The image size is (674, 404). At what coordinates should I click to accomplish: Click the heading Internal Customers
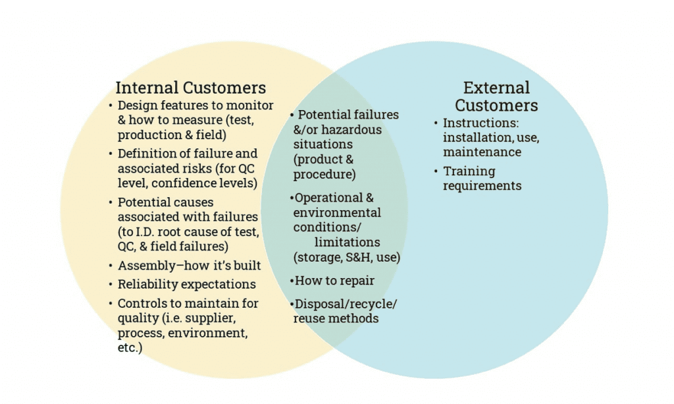click(x=191, y=88)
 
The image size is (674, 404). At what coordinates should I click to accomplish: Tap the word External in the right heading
click(x=496, y=88)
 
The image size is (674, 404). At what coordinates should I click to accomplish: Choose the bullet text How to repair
click(x=334, y=281)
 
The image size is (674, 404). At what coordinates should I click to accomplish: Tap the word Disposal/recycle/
click(x=346, y=304)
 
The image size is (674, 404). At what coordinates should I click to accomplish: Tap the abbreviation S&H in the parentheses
click(x=362, y=257)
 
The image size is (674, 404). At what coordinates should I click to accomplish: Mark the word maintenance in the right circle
click(x=482, y=152)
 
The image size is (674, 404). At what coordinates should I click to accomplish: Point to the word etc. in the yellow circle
click(x=128, y=347)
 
